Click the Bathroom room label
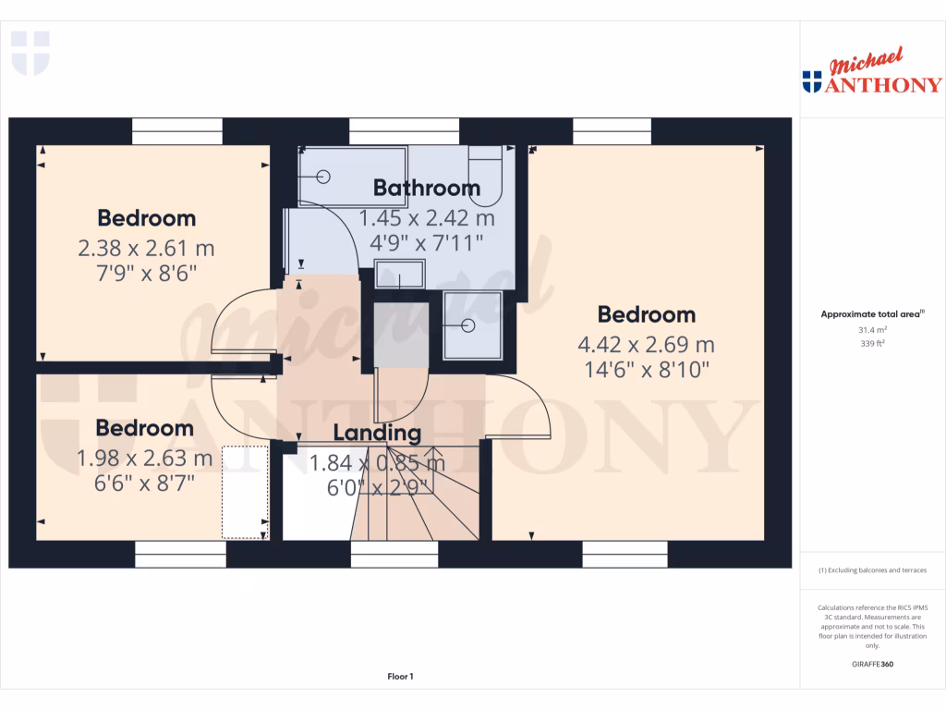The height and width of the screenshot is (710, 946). [x=426, y=188]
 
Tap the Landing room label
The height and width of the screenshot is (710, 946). [x=377, y=432]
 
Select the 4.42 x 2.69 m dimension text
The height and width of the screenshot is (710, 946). [x=646, y=345]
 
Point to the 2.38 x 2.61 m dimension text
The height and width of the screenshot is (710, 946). [x=147, y=249]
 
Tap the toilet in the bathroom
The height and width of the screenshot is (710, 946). [x=485, y=175]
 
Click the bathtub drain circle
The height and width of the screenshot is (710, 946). [x=324, y=176]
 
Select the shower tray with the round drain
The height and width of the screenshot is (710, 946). [x=471, y=324]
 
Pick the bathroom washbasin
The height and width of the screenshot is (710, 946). [x=399, y=275]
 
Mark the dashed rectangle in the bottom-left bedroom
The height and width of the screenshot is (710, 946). [x=245, y=492]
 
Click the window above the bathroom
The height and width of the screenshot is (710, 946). [x=404, y=130]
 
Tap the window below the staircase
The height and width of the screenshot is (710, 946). [x=394, y=554]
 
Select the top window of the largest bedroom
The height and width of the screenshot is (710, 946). [x=612, y=130]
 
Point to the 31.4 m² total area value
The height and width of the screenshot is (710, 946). [x=872, y=329]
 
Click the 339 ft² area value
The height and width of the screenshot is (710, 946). [x=872, y=343]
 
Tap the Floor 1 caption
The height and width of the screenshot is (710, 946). [x=400, y=677]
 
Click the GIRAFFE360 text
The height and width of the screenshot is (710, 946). [x=872, y=664]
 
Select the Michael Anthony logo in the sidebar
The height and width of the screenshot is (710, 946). [x=872, y=74]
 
